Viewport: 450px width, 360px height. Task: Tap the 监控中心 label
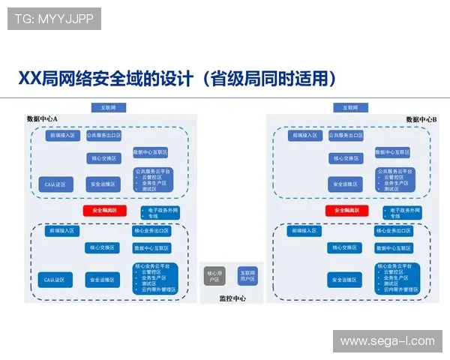(x=232, y=298)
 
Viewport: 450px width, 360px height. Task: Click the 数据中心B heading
(x=421, y=118)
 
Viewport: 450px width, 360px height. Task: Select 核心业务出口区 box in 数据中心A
(x=152, y=231)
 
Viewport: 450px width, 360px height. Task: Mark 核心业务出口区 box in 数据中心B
(x=394, y=231)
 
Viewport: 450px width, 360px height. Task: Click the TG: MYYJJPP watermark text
(x=54, y=19)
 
